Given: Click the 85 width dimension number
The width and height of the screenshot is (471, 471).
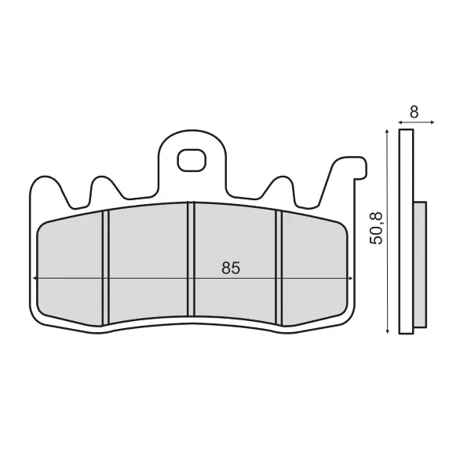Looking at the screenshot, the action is coord(231,268).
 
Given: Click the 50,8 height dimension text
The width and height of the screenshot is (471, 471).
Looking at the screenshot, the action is coord(376,228).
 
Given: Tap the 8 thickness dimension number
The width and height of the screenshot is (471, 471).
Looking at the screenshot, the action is coord(414,112).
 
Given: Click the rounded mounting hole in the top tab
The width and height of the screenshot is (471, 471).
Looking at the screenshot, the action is coord(192,160).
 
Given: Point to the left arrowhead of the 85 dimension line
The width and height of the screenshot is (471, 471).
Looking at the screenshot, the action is coord(35,279).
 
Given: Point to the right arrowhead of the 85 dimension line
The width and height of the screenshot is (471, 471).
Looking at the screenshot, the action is coord(351,279).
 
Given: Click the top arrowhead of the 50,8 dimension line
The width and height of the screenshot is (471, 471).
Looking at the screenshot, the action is coord(388,132).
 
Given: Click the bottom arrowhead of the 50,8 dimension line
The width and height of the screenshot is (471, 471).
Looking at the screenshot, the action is coord(388,331).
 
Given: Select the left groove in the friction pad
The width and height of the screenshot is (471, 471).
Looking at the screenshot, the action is coord(106,268).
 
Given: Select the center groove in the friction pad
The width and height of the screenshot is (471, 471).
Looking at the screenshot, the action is coord(192,259).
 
